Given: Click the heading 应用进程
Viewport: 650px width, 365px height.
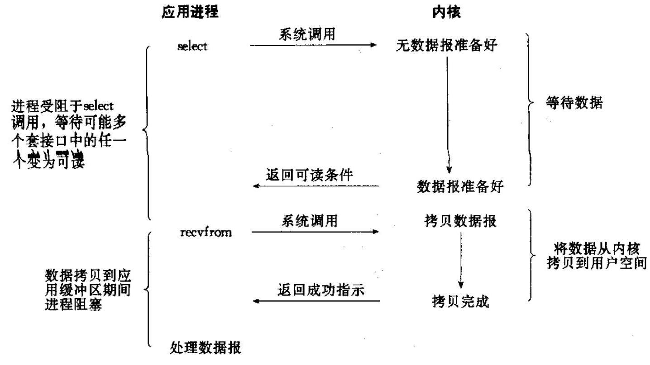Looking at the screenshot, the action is [190, 13].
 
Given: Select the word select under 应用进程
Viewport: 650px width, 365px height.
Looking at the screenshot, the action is [192, 46].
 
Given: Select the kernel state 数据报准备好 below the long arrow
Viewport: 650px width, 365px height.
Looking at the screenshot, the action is [460, 186].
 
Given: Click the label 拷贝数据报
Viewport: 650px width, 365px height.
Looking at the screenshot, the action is [461, 222].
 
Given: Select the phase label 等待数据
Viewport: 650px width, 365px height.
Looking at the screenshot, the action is [574, 104].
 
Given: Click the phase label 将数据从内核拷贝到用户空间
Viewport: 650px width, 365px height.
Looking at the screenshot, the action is [596, 256].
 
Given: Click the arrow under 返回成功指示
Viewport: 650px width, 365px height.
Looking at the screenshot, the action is [315, 301].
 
